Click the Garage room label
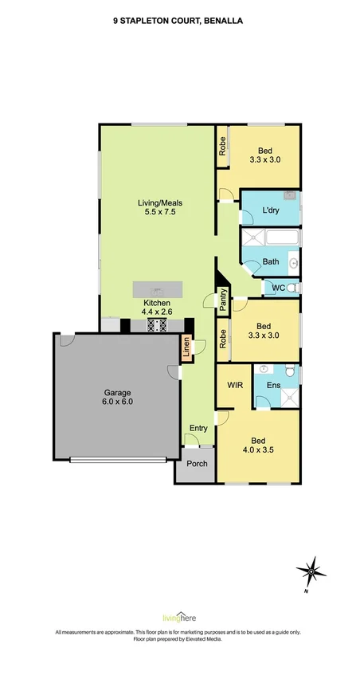coord(117,393)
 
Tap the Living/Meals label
coord(157,202)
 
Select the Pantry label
coord(223,300)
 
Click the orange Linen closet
coord(186,347)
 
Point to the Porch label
coord(198,464)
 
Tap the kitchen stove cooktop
coord(158,325)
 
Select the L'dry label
coord(271,210)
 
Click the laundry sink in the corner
coord(290,196)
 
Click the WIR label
coord(235,385)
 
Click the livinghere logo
coord(179,618)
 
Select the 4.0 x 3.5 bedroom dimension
coord(259,449)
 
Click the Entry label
coord(198,428)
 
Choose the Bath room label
coord(271,261)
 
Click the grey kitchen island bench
coord(158,288)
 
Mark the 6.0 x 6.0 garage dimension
coord(117,402)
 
